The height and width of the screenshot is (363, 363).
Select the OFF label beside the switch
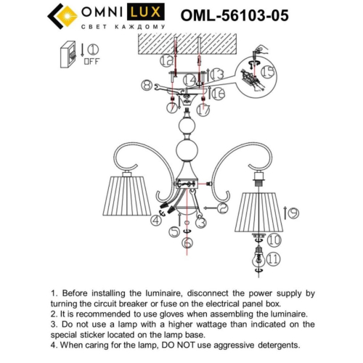click(91, 62)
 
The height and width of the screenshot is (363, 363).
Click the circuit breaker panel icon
click(68, 55)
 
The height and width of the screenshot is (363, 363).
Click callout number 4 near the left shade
click(156, 221)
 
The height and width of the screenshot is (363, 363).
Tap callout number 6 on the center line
click(187, 243)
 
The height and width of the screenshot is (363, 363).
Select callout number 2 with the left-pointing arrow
click(222, 209)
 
